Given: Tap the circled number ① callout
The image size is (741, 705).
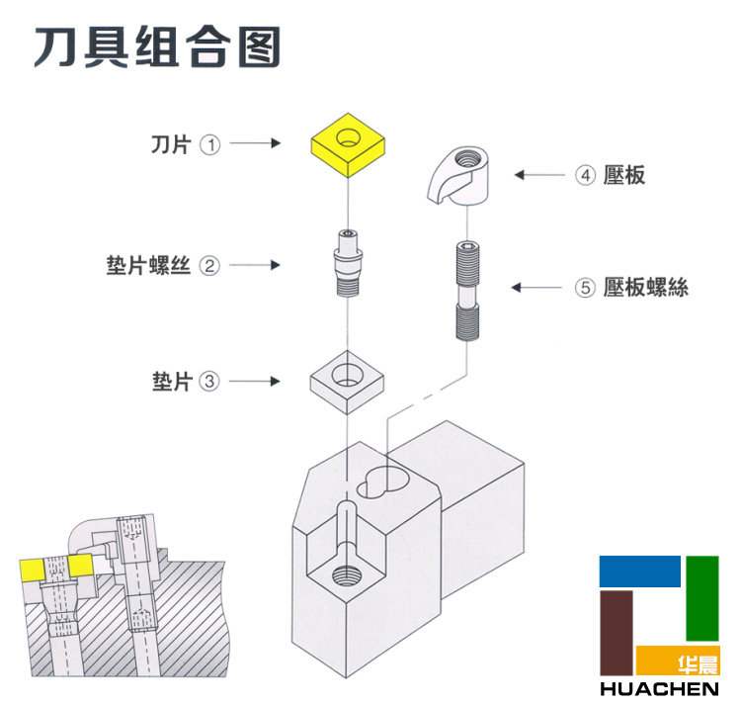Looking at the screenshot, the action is tap(209, 144).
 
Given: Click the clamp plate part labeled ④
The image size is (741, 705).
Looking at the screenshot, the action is tap(461, 172).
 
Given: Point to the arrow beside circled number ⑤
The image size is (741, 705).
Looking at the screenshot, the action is tap(537, 288).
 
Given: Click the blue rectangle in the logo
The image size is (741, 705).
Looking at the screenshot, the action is tap(639, 571).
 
